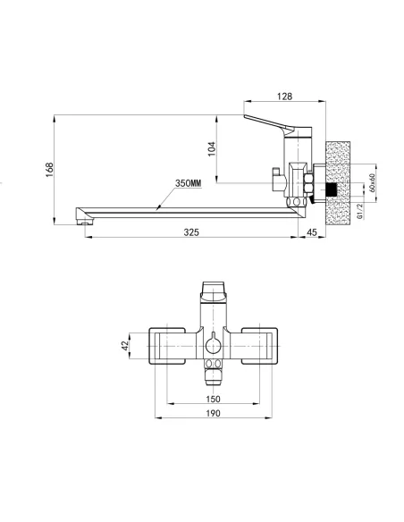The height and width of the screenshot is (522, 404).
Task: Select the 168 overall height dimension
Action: click(49, 167)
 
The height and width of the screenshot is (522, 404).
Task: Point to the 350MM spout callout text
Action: click(188, 182)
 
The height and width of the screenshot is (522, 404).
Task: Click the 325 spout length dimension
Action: click(190, 232)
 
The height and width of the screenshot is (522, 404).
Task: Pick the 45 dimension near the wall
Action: click(311, 232)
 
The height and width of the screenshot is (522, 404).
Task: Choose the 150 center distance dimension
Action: click(214, 399)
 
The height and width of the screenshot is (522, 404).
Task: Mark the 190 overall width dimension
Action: click(214, 413)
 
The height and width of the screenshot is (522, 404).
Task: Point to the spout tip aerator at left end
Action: click(83, 215)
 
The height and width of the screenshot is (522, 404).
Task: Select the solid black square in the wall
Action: click(333, 189)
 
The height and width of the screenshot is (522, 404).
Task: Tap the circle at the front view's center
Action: click(214, 345)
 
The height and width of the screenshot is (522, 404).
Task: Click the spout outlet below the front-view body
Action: click(214, 366)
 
